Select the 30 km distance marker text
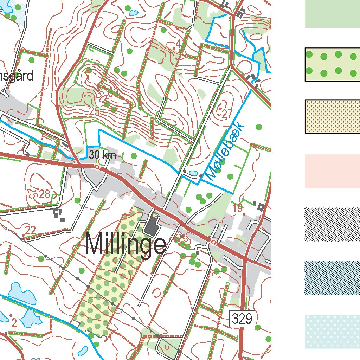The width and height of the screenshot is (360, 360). point(102,155)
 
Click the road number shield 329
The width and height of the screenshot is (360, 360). point(242,319)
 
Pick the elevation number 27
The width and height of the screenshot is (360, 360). point(227,114)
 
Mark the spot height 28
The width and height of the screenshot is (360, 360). point(45,194)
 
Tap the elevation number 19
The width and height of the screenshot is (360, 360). point(238,208)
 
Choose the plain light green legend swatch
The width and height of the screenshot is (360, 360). point(332,14)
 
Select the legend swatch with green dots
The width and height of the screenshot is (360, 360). point(332,64)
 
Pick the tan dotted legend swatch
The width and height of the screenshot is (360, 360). point(332,116)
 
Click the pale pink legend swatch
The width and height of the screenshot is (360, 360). point(332,171)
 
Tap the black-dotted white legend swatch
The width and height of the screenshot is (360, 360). point(332,225)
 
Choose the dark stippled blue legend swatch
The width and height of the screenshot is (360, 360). point(332,278)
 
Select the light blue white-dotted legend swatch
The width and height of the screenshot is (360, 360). point(332,332)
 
